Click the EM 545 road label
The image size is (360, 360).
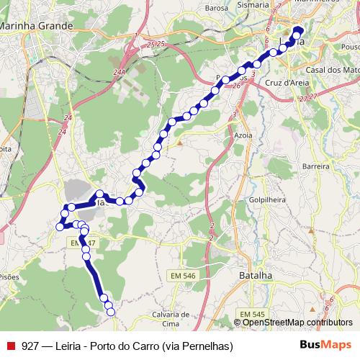pyautogui.click(x=253, y=314)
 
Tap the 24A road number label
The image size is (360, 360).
pyautogui.click(x=119, y=72)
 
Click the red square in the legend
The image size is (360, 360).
pyautogui.click(x=10, y=346)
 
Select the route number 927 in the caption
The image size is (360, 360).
pyautogui.click(x=30, y=346)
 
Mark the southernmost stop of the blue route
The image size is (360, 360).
pyautogui.click(x=110, y=312)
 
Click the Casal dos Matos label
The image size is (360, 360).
pyautogui.click(x=331, y=70)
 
